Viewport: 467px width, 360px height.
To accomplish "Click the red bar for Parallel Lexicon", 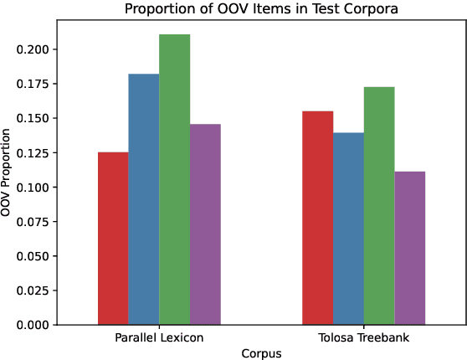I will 113,239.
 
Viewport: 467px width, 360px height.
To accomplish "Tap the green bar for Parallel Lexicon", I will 174,179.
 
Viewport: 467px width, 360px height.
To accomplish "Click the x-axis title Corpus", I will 261,353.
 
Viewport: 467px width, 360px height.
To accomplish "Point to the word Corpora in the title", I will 368,9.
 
